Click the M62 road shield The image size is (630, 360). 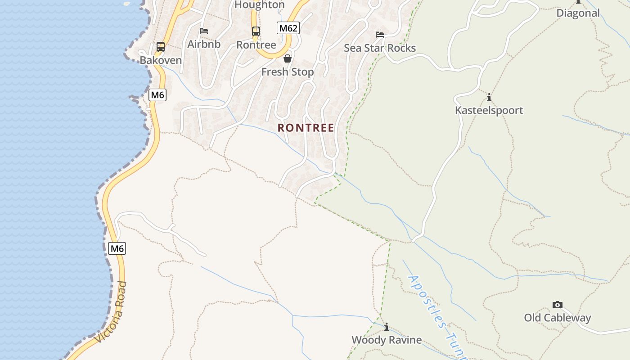288,28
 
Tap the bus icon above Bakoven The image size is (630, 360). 160,46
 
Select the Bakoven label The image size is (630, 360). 161,60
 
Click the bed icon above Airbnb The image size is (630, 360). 204,31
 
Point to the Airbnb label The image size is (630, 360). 204,44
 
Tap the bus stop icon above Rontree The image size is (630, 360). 256,31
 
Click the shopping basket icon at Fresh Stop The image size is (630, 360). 288,58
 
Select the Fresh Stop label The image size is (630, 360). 288,72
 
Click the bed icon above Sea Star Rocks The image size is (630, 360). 380,35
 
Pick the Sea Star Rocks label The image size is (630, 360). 380,48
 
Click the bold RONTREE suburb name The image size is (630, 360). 306,128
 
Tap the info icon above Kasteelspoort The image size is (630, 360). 489,97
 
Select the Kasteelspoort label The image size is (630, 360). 489,110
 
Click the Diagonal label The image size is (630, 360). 578,13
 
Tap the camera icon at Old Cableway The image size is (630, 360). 558,305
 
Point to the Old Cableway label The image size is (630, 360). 558,318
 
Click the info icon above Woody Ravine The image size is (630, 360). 386,327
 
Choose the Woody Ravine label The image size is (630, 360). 387,340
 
